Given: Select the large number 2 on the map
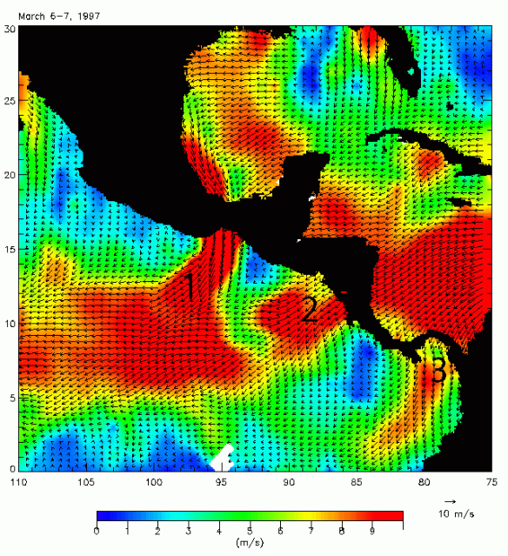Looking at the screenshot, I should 309,310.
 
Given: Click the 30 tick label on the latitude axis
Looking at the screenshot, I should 10,28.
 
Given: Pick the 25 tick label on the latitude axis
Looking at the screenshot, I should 10,102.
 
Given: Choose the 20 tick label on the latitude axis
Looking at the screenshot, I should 10,176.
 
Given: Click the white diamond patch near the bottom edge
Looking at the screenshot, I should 223,457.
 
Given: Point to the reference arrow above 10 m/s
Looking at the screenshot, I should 451,502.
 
